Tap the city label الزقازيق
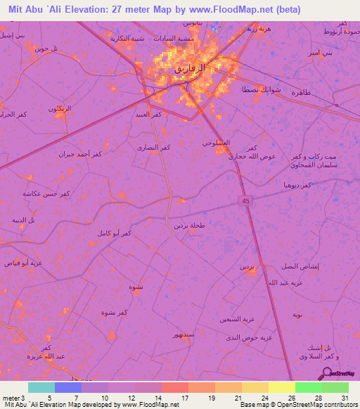point(191,71)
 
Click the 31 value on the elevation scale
point(345,398)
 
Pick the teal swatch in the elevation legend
point(41,387)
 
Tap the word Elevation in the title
point(86,10)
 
